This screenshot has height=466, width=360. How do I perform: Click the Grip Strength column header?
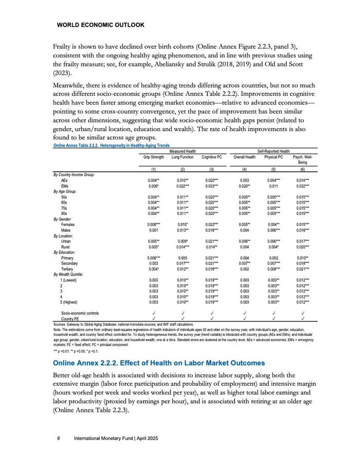coord(153,157)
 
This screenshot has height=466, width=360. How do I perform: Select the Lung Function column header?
coord(182,157)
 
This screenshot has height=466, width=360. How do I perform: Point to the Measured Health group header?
coord(183,151)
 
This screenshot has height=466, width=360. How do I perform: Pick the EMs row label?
coord(64,186)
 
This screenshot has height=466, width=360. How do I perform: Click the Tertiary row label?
coord(67,268)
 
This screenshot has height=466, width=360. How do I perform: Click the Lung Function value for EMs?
coord(182,186)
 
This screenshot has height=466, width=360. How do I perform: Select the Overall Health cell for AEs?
coord(244,181)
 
